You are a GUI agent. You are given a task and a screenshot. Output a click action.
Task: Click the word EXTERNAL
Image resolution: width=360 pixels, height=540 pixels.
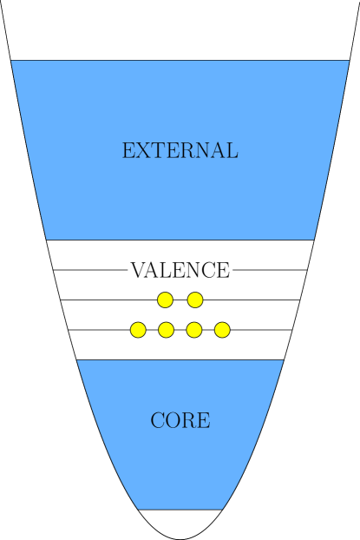(180, 151)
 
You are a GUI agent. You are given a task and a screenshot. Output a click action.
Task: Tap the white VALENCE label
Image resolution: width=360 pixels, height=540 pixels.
(180, 270)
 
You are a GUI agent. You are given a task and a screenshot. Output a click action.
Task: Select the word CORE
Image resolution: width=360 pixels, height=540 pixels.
(180, 421)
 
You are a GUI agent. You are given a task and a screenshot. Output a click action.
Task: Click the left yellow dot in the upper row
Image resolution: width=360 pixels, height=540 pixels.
(165, 300)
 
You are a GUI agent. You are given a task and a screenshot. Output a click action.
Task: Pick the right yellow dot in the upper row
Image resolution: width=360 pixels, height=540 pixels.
(195, 300)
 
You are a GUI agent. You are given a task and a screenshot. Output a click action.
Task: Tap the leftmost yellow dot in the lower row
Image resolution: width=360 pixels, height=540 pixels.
(138, 330)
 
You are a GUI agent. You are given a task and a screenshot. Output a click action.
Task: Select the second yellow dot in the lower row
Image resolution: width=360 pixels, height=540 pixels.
(166, 330)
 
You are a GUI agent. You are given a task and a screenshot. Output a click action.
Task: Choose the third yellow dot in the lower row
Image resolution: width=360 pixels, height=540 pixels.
(194, 330)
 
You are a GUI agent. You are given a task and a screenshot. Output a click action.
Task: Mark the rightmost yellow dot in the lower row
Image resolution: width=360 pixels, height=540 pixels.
(222, 330)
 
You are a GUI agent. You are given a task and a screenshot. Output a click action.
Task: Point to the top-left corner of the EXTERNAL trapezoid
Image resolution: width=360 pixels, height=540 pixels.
(12, 62)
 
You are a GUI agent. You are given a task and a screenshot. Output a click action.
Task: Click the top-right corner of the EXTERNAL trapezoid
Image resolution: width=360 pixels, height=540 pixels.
(348, 62)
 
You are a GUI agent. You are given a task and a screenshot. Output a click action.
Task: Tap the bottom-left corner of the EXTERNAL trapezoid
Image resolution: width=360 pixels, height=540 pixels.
(47, 238)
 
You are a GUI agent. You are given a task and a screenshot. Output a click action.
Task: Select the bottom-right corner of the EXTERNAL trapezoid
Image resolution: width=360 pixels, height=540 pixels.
(313, 238)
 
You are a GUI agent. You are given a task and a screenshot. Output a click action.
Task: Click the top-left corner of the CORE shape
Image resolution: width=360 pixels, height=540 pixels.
(78, 361)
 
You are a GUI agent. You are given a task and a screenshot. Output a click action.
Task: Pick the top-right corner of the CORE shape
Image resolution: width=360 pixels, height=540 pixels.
(282, 361)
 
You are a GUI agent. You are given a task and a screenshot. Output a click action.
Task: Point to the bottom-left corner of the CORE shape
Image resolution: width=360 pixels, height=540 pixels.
(139, 508)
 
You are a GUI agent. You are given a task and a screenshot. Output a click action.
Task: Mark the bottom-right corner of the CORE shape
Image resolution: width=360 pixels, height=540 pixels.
(222, 508)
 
